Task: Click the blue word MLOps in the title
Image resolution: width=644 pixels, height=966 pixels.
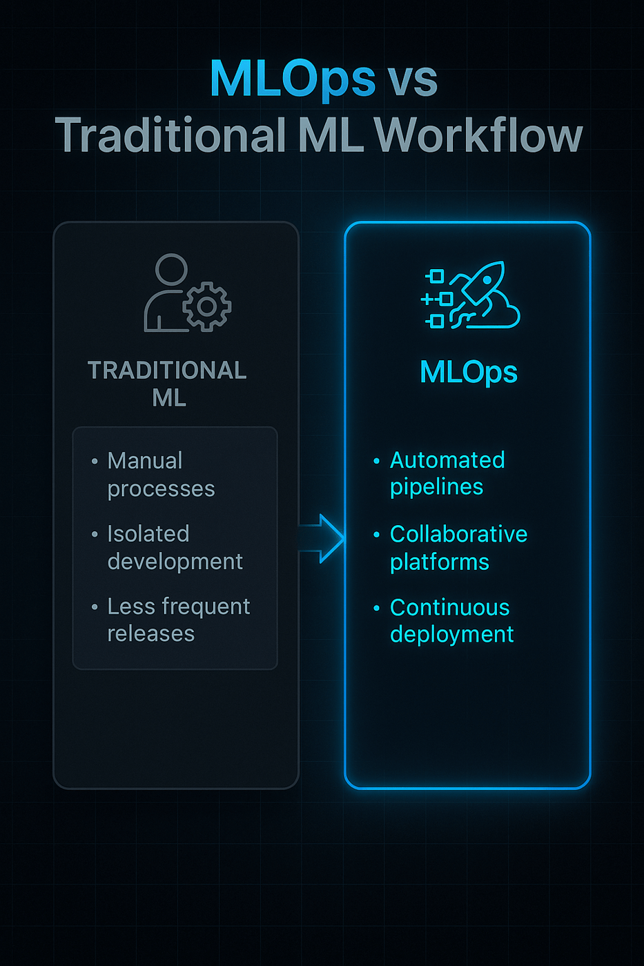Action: tap(292, 79)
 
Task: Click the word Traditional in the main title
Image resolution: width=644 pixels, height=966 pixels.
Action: tap(170, 135)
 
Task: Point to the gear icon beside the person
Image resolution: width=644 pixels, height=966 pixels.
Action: tap(207, 306)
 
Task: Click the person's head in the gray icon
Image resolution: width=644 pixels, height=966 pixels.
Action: tap(171, 269)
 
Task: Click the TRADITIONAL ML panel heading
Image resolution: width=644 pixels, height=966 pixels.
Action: tap(168, 384)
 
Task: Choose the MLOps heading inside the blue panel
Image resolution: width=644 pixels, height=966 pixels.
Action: tap(468, 373)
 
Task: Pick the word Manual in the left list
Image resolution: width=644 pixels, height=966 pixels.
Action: tap(145, 461)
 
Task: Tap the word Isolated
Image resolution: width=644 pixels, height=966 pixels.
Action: tap(148, 534)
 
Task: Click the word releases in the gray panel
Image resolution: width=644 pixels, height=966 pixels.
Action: tap(150, 633)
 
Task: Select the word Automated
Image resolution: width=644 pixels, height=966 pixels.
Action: tap(447, 460)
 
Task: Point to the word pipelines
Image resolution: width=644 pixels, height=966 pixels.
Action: tap(436, 487)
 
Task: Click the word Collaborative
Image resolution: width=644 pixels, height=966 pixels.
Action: tap(458, 534)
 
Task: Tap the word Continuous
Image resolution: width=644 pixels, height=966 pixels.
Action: tap(449, 607)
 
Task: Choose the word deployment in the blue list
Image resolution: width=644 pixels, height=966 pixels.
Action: tap(451, 635)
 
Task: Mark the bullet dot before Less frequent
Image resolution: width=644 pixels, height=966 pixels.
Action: tap(95, 607)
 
